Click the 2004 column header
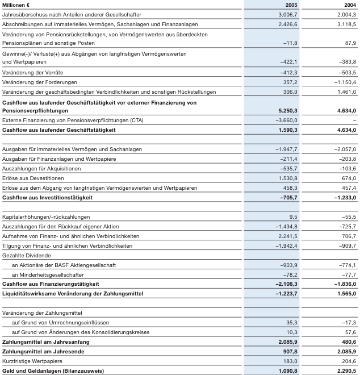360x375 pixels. [x=349, y=4]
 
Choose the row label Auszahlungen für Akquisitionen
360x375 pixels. [x=41, y=168]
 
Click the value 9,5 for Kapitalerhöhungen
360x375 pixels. [x=294, y=216]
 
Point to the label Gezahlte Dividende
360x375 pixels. [x=27, y=255]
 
